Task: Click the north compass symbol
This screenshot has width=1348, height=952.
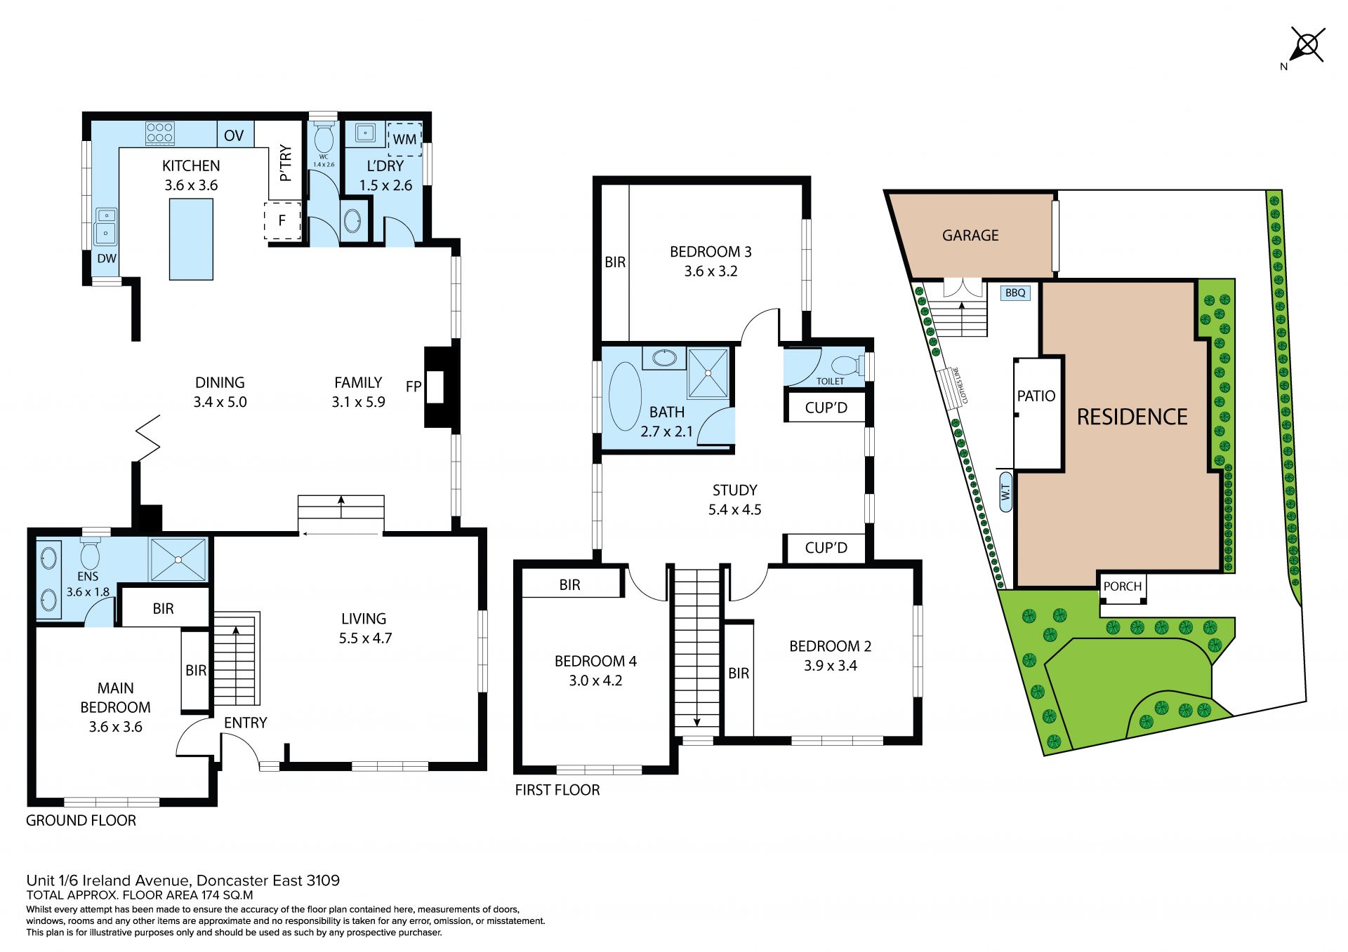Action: point(1307,46)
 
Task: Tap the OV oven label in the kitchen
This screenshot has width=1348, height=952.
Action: point(234,135)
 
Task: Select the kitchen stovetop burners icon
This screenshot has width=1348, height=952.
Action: point(160,133)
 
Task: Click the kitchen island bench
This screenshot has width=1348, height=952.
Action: point(191,239)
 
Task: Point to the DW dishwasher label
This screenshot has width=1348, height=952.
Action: point(107,258)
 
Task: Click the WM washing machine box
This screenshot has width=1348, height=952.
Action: point(404,139)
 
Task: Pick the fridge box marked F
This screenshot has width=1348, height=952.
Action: point(282,220)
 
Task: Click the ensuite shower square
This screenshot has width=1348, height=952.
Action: point(178,559)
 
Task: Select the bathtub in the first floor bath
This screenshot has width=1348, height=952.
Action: point(625,396)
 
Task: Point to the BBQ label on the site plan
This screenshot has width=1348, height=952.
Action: point(1015,293)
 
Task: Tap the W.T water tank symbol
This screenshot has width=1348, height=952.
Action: point(1005,492)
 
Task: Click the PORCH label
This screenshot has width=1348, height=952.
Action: point(1123,586)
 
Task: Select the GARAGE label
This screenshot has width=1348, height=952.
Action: point(970,236)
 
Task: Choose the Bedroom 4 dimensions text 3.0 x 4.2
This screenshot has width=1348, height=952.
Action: point(595,681)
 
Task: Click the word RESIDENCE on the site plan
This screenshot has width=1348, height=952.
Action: point(1132,417)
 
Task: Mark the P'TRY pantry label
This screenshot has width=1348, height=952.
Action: point(285,163)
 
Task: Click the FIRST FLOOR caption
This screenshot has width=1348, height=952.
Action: point(557,790)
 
